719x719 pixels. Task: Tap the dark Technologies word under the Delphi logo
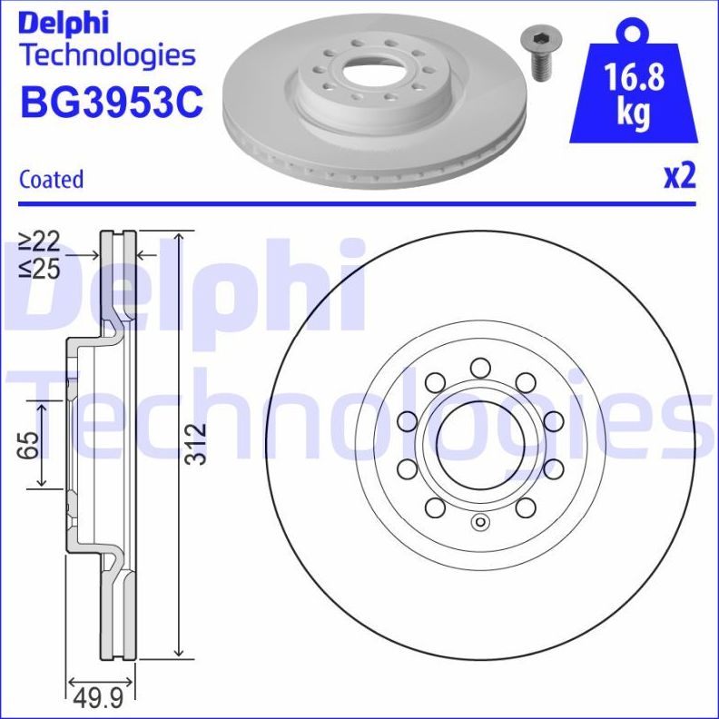(x=107, y=55)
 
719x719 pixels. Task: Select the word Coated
(x=51, y=180)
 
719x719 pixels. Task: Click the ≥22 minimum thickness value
(x=39, y=241)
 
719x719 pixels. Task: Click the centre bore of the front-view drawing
(x=479, y=444)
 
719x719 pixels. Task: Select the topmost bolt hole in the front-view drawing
(x=479, y=368)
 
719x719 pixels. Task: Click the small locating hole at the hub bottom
(x=480, y=522)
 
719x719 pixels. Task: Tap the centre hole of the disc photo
(x=375, y=68)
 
